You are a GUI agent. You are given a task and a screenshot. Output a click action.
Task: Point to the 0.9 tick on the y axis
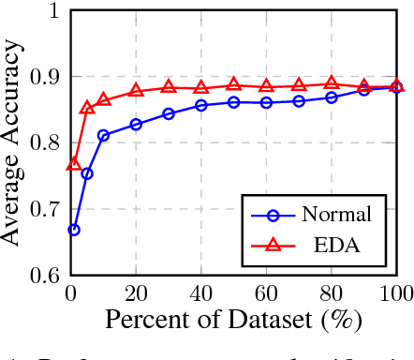pos(44,77)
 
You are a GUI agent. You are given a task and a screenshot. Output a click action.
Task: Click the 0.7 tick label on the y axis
pos(44,209)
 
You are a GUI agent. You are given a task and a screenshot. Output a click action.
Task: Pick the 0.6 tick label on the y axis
pos(44,276)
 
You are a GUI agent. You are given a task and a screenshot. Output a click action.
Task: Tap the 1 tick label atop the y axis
pos(52,11)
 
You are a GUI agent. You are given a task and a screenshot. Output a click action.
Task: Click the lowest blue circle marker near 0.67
pos(74,230)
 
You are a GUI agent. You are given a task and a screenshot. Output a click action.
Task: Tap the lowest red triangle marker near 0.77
pos(74,164)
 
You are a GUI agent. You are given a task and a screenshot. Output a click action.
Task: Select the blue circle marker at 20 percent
pos(136,124)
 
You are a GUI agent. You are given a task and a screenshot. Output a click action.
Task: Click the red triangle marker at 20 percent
pos(136,90)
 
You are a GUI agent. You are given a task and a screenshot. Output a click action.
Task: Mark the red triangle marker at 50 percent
pos(234,84)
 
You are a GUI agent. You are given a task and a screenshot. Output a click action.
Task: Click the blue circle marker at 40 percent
pos(201,105)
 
